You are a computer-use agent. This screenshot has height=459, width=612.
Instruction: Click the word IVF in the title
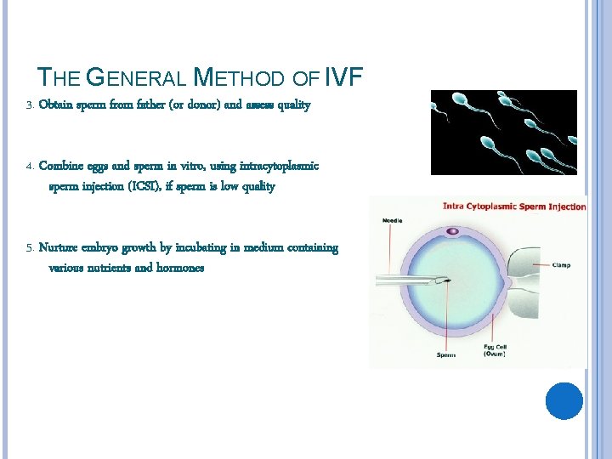(343, 78)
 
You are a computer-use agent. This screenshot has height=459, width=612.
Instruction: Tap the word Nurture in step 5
(61, 247)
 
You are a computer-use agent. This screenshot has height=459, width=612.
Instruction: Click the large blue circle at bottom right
(564, 401)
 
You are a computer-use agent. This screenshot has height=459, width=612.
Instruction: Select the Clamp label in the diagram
(560, 264)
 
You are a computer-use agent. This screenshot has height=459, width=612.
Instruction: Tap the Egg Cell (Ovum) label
(495, 350)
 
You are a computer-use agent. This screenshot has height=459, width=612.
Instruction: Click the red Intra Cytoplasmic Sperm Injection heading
(514, 206)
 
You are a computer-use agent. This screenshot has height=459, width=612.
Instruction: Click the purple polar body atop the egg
(452, 230)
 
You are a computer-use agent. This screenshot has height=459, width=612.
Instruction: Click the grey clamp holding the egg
(524, 273)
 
